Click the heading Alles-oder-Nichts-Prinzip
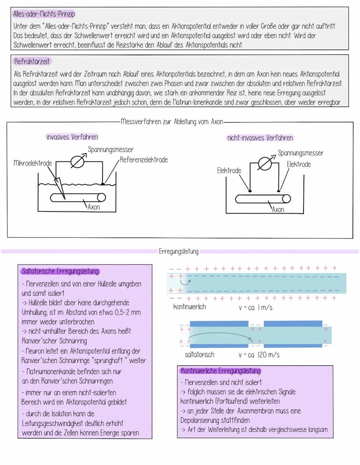[x=44, y=14]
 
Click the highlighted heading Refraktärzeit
[x=32, y=61]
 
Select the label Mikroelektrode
[x=33, y=163]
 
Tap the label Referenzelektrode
[x=144, y=160]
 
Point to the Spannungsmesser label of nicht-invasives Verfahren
[x=300, y=153]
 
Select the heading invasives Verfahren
[x=72, y=137]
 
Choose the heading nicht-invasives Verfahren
[x=260, y=138]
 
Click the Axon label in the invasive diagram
[x=93, y=207]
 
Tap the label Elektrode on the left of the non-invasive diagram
[x=229, y=171]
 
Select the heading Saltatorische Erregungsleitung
[x=60, y=271]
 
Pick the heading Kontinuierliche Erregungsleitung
[x=220, y=371]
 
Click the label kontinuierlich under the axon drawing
[x=189, y=307]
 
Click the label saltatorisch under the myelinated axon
[x=200, y=355]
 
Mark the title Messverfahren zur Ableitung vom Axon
[x=172, y=122]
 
